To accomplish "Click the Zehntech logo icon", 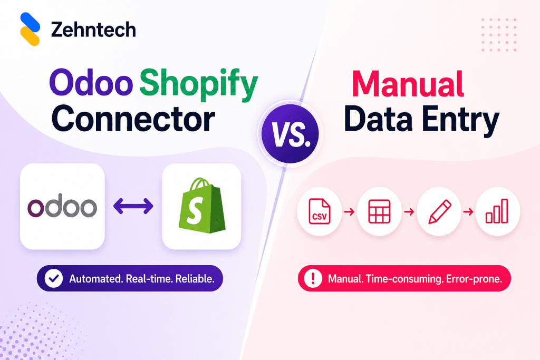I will (x=30, y=29).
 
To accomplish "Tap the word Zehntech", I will (x=93, y=30).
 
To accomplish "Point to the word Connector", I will (x=133, y=119).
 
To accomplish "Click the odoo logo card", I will (x=62, y=206).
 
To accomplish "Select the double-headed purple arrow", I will (x=133, y=206).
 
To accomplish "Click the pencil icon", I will (x=439, y=212).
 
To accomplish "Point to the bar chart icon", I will (x=497, y=212).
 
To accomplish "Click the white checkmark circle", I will (x=54, y=279).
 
